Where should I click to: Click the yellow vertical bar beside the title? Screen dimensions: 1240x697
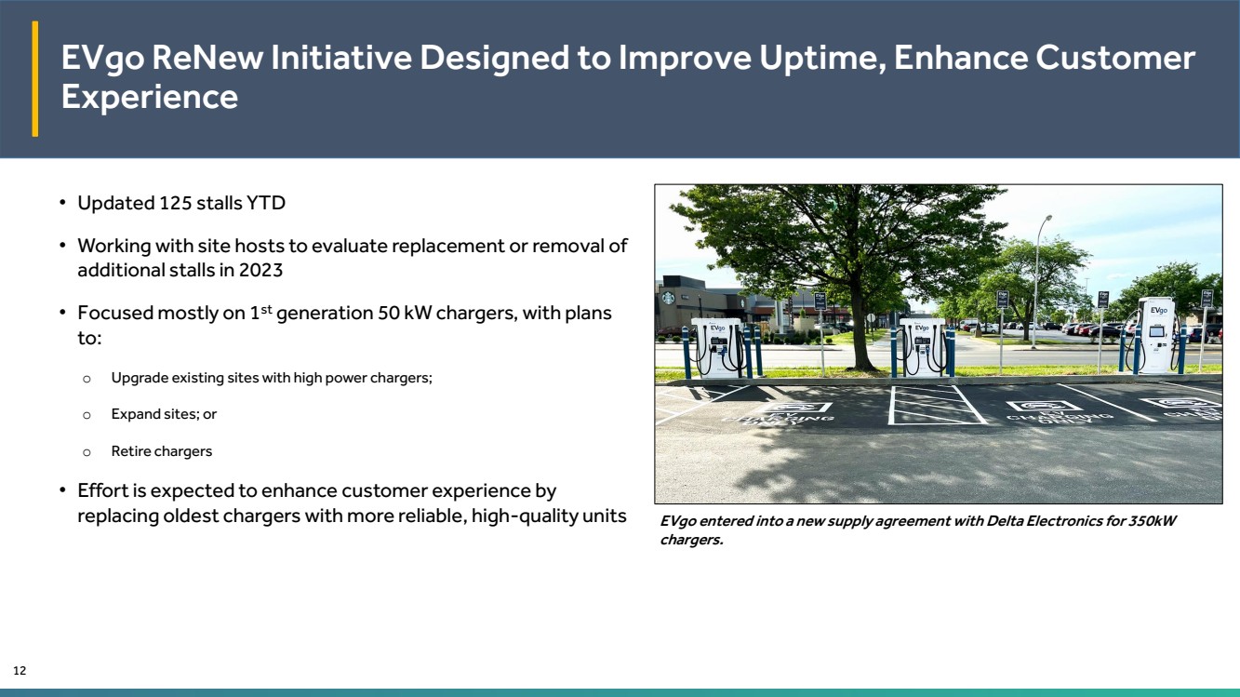[35, 78]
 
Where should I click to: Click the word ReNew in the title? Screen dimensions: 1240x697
[207, 58]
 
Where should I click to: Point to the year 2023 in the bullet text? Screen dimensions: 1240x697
[260, 270]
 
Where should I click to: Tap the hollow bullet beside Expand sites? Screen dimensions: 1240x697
[87, 415]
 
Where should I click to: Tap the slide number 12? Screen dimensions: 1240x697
[20, 670]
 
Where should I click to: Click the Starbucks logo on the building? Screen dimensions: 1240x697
[668, 298]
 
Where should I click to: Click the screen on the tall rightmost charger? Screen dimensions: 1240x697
[1156, 331]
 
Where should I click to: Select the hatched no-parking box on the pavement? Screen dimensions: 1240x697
[937, 405]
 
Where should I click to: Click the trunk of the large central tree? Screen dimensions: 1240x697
[860, 327]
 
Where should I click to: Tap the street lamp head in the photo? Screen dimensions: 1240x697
[1048, 217]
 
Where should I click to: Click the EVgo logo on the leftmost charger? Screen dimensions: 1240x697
[717, 328]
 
